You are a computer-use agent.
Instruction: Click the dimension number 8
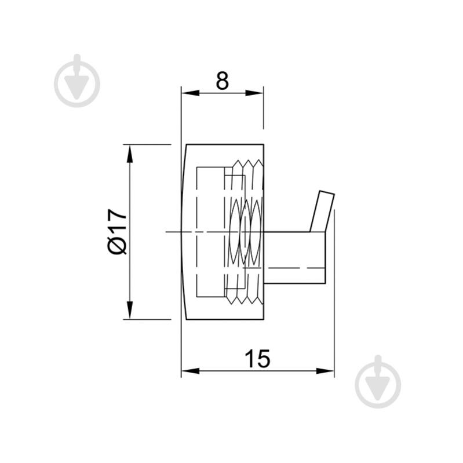tap(223, 81)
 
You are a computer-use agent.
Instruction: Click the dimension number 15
tap(257, 359)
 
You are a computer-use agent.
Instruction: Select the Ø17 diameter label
tap(118, 232)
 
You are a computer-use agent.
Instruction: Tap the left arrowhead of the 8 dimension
tap(191, 93)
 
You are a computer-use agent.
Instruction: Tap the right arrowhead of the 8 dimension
tap(254, 93)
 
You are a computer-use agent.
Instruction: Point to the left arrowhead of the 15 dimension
tap(191, 371)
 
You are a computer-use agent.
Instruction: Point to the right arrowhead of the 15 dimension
tap(325, 371)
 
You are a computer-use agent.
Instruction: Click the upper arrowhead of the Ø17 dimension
tap(129, 154)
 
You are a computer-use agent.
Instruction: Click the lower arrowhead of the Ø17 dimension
tap(129, 310)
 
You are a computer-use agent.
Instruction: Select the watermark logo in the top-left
tap(77, 81)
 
